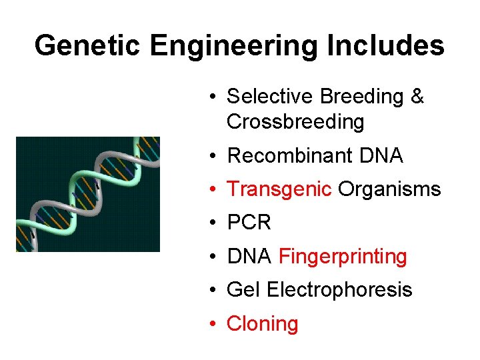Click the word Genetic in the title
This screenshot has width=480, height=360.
click(88, 46)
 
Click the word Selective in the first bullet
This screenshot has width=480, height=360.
click(270, 97)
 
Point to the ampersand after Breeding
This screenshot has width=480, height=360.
click(417, 97)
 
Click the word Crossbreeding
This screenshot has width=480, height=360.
click(295, 122)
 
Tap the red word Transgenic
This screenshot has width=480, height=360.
click(279, 189)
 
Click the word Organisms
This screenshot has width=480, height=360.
click(389, 189)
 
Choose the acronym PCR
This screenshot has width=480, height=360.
click(249, 223)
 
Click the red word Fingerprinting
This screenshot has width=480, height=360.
click(343, 256)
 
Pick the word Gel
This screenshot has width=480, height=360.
click(243, 289)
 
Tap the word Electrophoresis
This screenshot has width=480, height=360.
click(339, 289)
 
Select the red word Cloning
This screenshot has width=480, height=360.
click(262, 323)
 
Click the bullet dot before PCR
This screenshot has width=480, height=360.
click(211, 223)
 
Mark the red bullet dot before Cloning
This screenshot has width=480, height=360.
click(211, 323)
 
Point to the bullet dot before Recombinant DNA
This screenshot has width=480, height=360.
click(211, 155)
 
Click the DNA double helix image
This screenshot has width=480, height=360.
click(88, 194)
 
